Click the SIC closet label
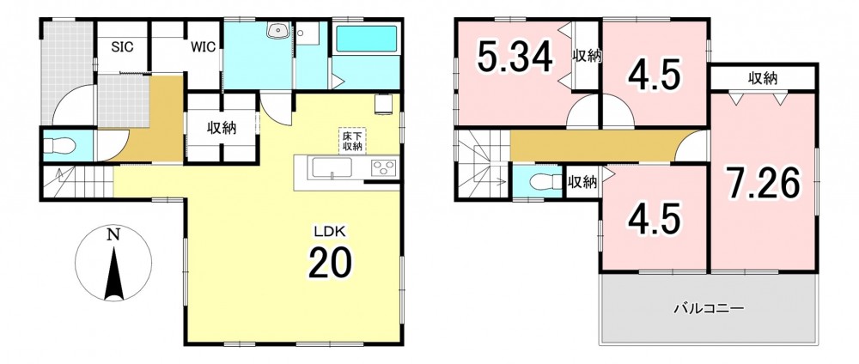[x=123, y=47]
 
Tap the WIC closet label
[x=203, y=47]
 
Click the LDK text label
[x=329, y=232]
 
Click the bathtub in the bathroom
[x=367, y=39]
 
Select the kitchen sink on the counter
[x=332, y=167]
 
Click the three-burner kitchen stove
[x=384, y=167]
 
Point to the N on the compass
[x=113, y=236]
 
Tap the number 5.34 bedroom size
[x=515, y=57]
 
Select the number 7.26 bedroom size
[x=763, y=184]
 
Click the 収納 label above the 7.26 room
[x=763, y=79]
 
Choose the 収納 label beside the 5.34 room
[x=588, y=56]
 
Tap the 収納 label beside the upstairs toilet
[x=582, y=182]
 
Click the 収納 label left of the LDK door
[x=222, y=129]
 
